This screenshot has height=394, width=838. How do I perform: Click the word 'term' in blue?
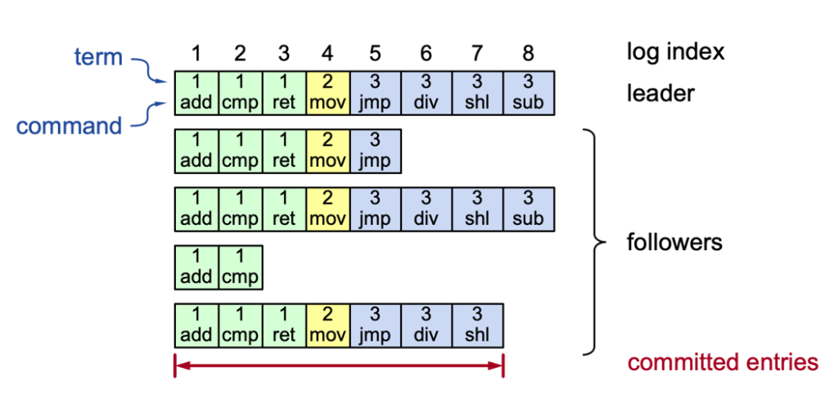(x=99, y=57)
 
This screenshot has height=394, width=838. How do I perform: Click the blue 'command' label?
(x=69, y=126)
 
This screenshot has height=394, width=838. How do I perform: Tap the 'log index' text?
(x=675, y=52)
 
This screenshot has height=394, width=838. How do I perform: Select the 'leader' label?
(x=660, y=92)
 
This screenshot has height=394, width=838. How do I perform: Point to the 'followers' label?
(x=674, y=243)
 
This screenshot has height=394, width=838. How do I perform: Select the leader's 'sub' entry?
(x=529, y=92)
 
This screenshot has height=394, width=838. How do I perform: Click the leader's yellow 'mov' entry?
(x=327, y=92)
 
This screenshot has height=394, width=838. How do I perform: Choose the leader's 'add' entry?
(x=196, y=92)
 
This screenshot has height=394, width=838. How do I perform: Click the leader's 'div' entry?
(x=426, y=92)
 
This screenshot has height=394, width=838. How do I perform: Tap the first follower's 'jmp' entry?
(x=374, y=150)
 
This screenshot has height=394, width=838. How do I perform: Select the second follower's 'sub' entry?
(x=529, y=208)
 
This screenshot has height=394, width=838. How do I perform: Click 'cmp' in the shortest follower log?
(x=240, y=267)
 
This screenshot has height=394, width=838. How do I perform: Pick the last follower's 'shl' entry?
(x=478, y=325)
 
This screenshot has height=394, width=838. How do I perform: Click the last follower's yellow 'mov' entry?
(x=327, y=325)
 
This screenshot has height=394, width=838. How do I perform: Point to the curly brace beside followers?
(x=595, y=243)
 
